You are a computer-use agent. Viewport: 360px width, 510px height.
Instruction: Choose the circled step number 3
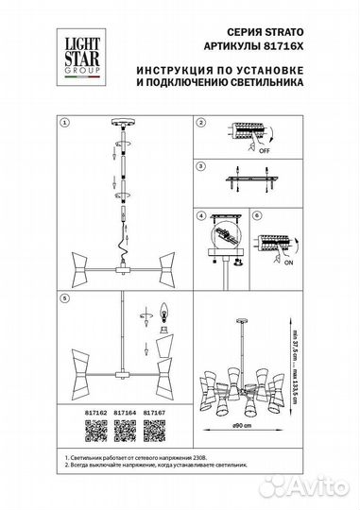pos(200,166)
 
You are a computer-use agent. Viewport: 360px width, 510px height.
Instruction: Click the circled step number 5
pos(64,298)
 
